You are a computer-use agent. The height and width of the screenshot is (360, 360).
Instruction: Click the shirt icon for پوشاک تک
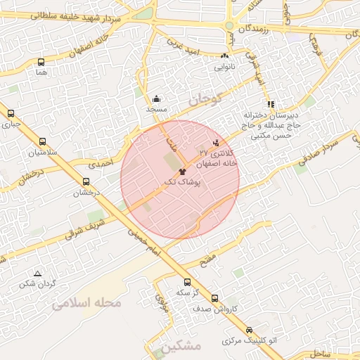point(182,171)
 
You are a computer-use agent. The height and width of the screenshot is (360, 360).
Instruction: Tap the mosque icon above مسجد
point(156,99)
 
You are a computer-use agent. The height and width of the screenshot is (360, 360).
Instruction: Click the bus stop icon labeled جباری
point(11,113)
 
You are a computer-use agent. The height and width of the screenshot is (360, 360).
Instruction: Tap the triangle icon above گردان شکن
point(37,274)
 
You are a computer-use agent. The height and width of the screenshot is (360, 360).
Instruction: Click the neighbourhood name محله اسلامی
point(87,304)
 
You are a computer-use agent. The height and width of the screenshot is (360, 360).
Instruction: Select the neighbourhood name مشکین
point(181,347)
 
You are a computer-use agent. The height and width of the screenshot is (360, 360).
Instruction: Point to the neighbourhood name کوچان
point(204,100)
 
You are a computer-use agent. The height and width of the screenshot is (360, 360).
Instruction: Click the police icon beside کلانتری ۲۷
point(205,143)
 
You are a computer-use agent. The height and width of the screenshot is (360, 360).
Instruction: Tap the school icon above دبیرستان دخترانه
point(271,104)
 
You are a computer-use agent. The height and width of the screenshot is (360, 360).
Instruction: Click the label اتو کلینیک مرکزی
point(250,341)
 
